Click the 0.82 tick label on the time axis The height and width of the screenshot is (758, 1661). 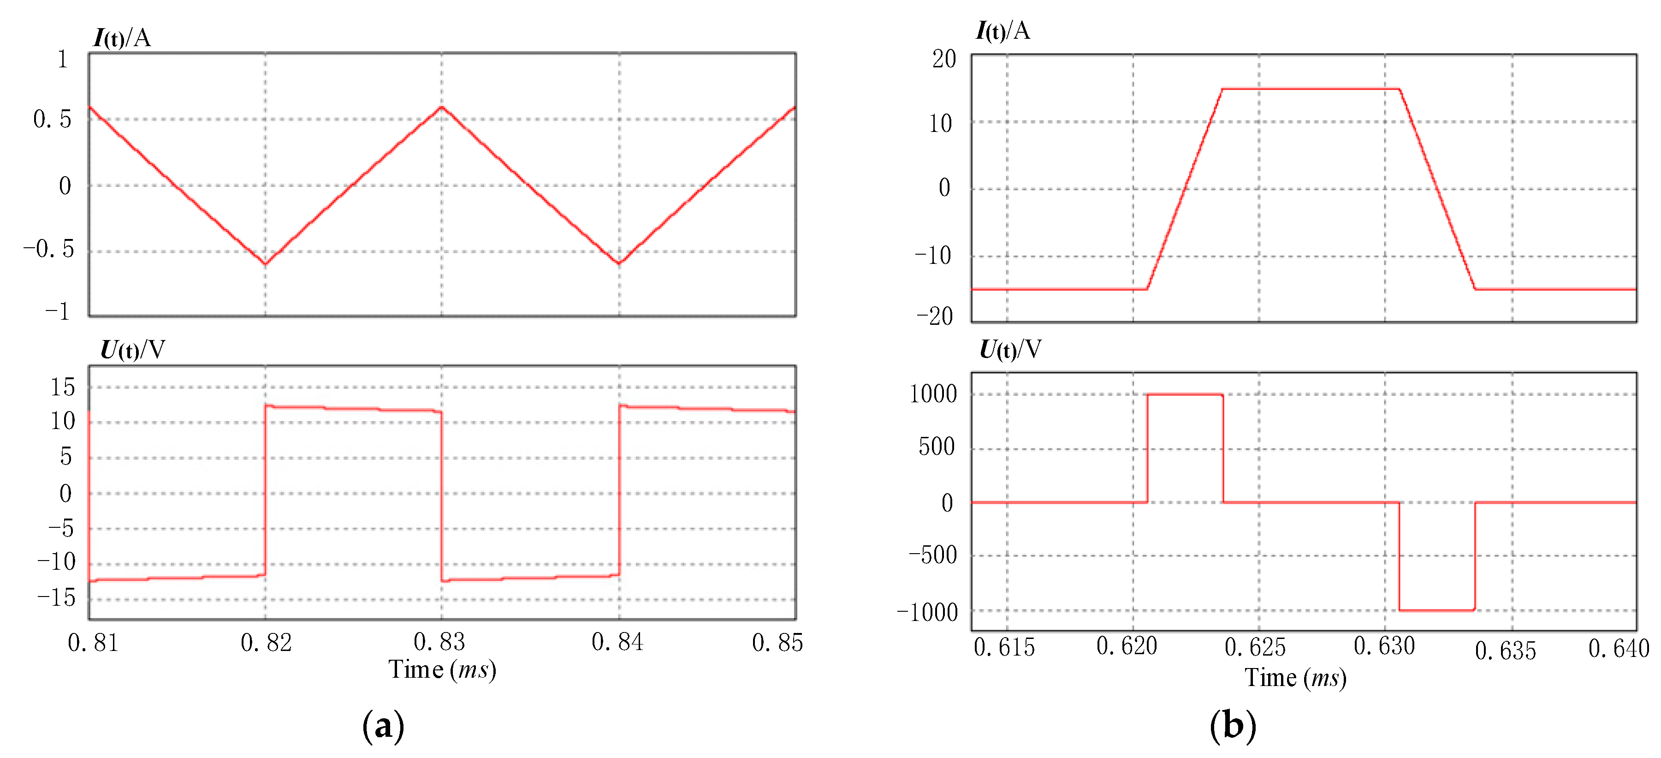pyautogui.click(x=266, y=643)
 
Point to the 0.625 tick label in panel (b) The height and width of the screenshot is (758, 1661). pyautogui.click(x=1255, y=647)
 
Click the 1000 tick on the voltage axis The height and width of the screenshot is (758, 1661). pyautogui.click(x=933, y=394)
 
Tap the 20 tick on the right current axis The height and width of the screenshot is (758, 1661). pyautogui.click(x=944, y=60)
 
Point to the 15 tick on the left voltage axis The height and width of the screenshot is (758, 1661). pyautogui.click(x=63, y=387)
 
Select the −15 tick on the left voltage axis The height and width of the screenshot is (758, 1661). pyautogui.click(x=56, y=597)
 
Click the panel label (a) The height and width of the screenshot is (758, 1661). pyautogui.click(x=383, y=726)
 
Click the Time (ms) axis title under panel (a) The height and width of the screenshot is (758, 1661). pyautogui.click(x=442, y=669)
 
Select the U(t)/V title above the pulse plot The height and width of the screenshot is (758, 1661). pyautogui.click(x=1010, y=350)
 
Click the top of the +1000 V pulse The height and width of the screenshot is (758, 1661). pyautogui.click(x=1185, y=394)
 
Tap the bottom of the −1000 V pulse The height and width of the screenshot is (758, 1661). pyautogui.click(x=1436, y=609)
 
